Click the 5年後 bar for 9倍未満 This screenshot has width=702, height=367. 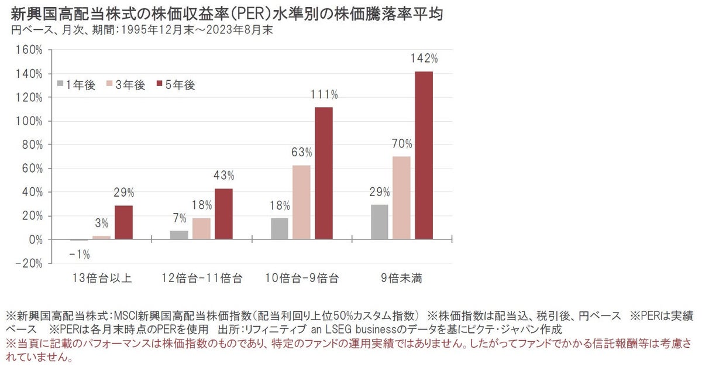[x=424, y=155]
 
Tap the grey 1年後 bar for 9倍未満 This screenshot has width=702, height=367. [x=380, y=222]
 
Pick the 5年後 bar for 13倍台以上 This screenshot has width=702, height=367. [x=124, y=222]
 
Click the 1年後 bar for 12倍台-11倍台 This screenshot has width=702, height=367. [x=180, y=235]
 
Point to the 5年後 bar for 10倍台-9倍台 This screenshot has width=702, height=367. [x=324, y=173]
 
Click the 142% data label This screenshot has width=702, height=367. [x=424, y=59]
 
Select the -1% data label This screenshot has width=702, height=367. [x=80, y=254]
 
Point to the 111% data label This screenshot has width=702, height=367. [x=324, y=95]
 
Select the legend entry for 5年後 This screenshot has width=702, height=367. [x=175, y=84]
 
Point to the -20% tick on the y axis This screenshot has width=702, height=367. [x=29, y=263]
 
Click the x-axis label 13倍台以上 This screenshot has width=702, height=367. [x=102, y=277]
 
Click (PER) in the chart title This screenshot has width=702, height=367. [x=246, y=13]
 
